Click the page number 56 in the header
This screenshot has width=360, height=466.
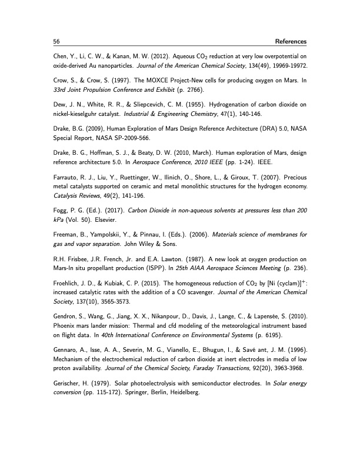coord(56,42)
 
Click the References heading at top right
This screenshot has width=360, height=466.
coord(286,42)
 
